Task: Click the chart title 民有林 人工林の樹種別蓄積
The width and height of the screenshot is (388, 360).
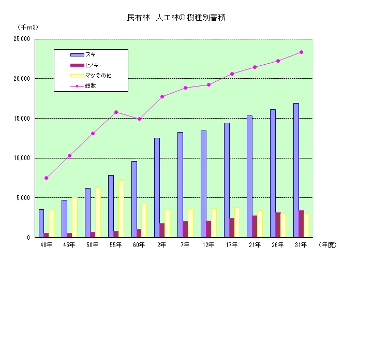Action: (x=176, y=18)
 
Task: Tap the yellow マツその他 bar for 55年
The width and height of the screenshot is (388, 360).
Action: (x=121, y=209)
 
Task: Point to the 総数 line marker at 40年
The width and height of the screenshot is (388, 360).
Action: (x=46, y=178)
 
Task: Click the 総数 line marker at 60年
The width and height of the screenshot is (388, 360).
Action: (x=139, y=119)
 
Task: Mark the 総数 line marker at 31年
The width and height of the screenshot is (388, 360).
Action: (x=301, y=52)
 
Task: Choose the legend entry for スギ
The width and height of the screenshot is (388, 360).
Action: (x=91, y=54)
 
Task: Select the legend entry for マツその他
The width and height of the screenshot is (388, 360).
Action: (x=98, y=75)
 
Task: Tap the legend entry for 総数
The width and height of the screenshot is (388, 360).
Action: (x=91, y=85)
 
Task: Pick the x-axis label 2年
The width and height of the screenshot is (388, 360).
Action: (x=162, y=244)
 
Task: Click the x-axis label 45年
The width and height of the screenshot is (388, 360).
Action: (x=69, y=244)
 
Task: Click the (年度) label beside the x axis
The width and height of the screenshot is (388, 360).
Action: (x=327, y=244)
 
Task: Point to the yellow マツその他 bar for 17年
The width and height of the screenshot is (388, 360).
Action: (x=237, y=222)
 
